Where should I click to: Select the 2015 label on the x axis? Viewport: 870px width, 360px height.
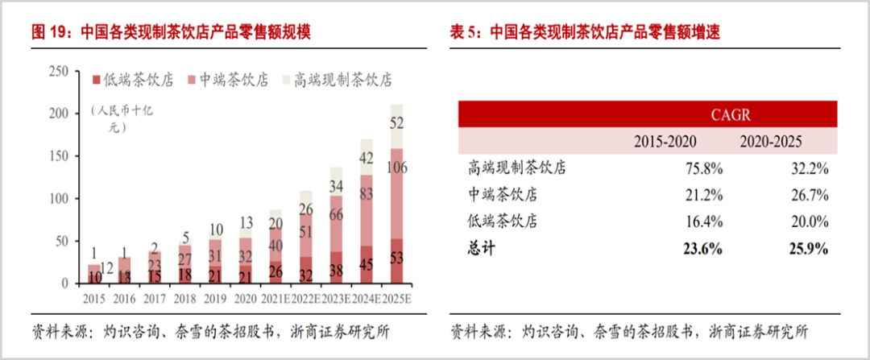94,298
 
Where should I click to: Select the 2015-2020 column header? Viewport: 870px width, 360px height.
665,142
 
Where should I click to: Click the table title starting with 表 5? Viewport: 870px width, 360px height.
584,33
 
